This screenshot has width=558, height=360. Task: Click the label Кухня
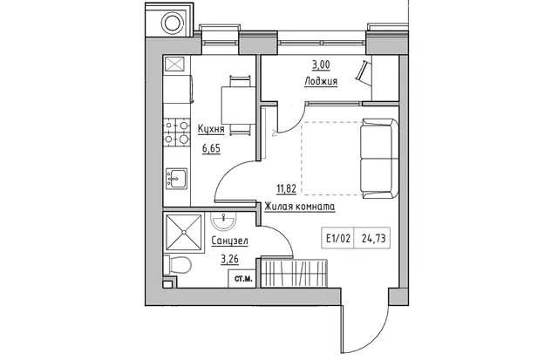tap(211, 129)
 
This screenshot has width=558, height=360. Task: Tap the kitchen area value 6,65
tap(211, 148)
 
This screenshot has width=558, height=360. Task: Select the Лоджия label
tap(321, 81)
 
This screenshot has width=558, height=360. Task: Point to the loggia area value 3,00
tap(321, 65)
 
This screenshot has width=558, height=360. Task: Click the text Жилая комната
tap(300, 207)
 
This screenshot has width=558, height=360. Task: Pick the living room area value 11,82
tap(287, 188)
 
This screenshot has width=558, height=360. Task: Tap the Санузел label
tap(229, 241)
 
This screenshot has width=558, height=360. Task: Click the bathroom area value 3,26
tap(229, 260)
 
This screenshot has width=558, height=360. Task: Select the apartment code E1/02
tap(337, 238)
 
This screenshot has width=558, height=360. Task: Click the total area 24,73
tap(373, 238)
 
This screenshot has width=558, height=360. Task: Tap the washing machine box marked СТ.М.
tap(243, 279)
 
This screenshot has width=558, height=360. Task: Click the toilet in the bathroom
tap(177, 265)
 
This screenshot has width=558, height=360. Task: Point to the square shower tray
tap(184, 232)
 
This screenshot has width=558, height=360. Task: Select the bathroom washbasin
tap(223, 221)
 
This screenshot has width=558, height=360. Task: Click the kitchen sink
tap(176, 179)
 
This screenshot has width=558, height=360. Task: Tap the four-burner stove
tap(176, 132)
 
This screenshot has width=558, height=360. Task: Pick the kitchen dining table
tap(238, 105)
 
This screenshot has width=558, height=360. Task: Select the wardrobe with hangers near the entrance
tap(294, 273)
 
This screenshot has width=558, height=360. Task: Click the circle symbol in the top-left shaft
tap(173, 23)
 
